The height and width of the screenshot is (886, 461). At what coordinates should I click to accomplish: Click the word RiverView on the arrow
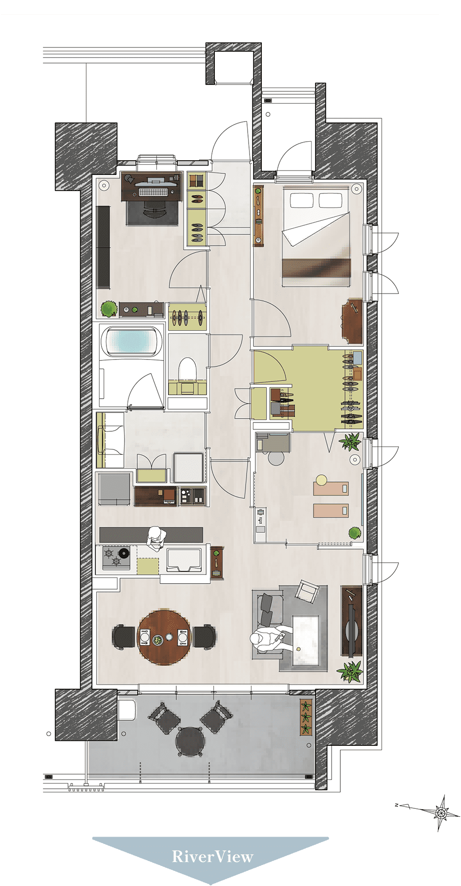click(212, 856)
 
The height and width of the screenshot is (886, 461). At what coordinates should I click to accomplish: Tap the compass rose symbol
click(441, 813)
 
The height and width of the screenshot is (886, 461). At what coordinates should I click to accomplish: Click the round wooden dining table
click(164, 637)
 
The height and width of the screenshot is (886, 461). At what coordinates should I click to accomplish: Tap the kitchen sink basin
click(184, 560)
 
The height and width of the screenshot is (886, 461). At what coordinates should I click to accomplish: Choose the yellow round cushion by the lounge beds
click(321, 480)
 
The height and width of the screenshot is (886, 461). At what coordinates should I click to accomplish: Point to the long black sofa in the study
click(103, 247)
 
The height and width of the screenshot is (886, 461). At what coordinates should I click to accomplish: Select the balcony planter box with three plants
click(306, 717)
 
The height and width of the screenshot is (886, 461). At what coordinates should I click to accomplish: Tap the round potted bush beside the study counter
click(109, 309)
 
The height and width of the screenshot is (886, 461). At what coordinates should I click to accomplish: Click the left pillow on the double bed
click(302, 200)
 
